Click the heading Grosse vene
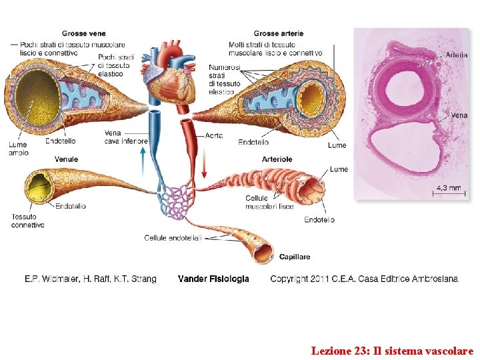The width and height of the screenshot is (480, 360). click(83, 33)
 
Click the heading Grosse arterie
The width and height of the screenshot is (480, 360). click(279, 33)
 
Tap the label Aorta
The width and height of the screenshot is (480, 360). click(214, 135)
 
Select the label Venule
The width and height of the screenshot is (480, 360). click(66, 159)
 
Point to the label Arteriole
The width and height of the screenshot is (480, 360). click(277, 159)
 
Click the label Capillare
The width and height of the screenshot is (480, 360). click(295, 257)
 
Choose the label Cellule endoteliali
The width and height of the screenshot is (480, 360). click(173, 238)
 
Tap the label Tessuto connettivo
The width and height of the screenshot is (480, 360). click(28, 221)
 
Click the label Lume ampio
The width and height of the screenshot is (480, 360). click(18, 149)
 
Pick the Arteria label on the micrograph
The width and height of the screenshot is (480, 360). click(456, 55)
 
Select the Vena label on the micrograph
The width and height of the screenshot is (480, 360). click(459, 115)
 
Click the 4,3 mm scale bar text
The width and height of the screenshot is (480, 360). click(449, 188)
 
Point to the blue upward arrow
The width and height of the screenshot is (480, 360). click(142, 161)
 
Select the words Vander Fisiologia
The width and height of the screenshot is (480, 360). click(213, 279)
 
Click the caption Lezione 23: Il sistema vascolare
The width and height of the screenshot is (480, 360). click(392, 350)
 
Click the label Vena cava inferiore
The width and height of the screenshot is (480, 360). click(125, 137)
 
